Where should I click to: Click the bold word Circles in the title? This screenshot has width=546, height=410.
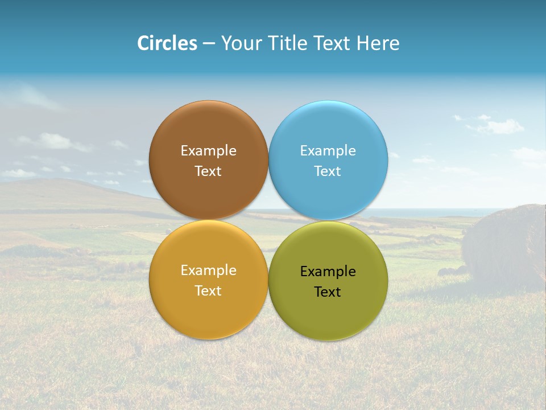point(167,43)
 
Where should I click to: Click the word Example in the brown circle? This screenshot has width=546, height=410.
point(208,151)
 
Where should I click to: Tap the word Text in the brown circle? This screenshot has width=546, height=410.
point(208,171)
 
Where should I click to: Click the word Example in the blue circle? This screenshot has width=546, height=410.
point(328,151)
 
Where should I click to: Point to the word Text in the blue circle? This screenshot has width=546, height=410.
point(328,171)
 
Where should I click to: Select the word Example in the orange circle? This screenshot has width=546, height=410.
point(208,270)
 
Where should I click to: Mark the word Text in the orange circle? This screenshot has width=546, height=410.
point(208,291)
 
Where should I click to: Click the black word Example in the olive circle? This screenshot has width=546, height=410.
point(328,272)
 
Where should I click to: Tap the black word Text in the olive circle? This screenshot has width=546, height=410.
point(328,292)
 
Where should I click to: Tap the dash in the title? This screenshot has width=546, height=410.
point(209,44)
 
